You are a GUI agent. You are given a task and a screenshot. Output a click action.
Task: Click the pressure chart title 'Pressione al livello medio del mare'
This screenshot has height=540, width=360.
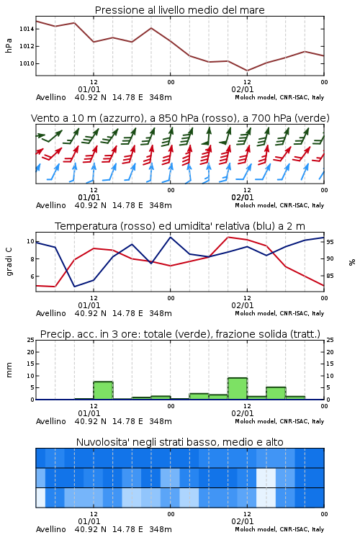coord(179,10)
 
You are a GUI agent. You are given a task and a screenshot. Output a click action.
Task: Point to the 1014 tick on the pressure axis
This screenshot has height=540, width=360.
coord(27,29)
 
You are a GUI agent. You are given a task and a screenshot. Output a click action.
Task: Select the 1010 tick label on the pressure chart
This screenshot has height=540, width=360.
coord(27,63)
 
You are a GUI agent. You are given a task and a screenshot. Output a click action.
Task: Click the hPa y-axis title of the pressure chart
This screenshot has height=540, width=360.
coord(9,46)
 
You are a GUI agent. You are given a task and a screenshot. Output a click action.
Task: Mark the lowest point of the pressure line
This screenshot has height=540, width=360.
coord(247,71)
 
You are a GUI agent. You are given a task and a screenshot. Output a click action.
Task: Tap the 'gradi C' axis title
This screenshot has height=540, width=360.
coord(9,262)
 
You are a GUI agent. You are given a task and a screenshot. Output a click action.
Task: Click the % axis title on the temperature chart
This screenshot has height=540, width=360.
coord(352,262)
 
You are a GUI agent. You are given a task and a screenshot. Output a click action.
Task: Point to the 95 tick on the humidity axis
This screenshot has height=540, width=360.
coord(330,242)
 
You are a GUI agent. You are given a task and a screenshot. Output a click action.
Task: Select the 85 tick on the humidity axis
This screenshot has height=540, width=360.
coord(330,276)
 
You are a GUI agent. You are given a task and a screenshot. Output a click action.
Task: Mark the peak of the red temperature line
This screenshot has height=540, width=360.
coord(228,237)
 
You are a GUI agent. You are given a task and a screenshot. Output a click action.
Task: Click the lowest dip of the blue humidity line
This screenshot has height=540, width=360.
coord(74,286)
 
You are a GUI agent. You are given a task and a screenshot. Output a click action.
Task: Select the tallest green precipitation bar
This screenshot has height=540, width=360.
coord(238,389)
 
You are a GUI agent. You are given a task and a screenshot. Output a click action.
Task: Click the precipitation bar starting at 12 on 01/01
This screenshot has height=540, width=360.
coord(104,390)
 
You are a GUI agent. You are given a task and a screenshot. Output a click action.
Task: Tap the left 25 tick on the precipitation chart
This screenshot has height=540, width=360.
coord(31,341)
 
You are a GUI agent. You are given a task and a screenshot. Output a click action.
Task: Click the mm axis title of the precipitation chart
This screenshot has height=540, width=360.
coord(9,370)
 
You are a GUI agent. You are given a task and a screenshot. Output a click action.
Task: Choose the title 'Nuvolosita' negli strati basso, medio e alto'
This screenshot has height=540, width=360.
coord(179,442)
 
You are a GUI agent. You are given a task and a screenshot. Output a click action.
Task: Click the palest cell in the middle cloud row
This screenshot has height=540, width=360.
coord(266,477)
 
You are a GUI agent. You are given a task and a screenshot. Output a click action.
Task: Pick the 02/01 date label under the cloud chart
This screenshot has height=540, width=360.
coord(242,521)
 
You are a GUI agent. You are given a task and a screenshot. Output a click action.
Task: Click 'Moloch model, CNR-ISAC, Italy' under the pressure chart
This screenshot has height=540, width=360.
coord(279,97)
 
